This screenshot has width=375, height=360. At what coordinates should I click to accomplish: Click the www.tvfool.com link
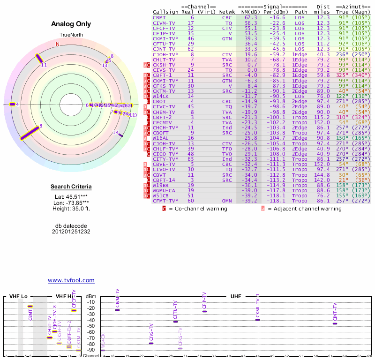[71, 280]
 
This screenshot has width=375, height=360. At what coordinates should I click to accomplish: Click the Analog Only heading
[71, 24]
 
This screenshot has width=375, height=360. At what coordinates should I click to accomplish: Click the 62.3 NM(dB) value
[250, 17]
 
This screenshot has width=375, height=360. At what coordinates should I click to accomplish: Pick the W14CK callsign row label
[160, 96]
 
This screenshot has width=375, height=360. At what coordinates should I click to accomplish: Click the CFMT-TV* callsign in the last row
[165, 201]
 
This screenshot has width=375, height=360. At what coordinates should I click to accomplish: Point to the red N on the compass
[58, 44]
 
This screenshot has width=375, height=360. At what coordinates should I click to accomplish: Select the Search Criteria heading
[71, 187]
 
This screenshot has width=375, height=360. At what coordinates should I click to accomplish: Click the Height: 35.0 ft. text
[71, 209]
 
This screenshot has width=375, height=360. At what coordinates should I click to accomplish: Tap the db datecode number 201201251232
[71, 232]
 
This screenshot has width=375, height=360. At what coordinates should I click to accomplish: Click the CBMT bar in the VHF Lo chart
[30, 307]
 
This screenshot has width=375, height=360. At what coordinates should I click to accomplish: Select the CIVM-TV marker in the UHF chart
[117, 310]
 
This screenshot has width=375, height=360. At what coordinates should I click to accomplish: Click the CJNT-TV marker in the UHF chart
[335, 323]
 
